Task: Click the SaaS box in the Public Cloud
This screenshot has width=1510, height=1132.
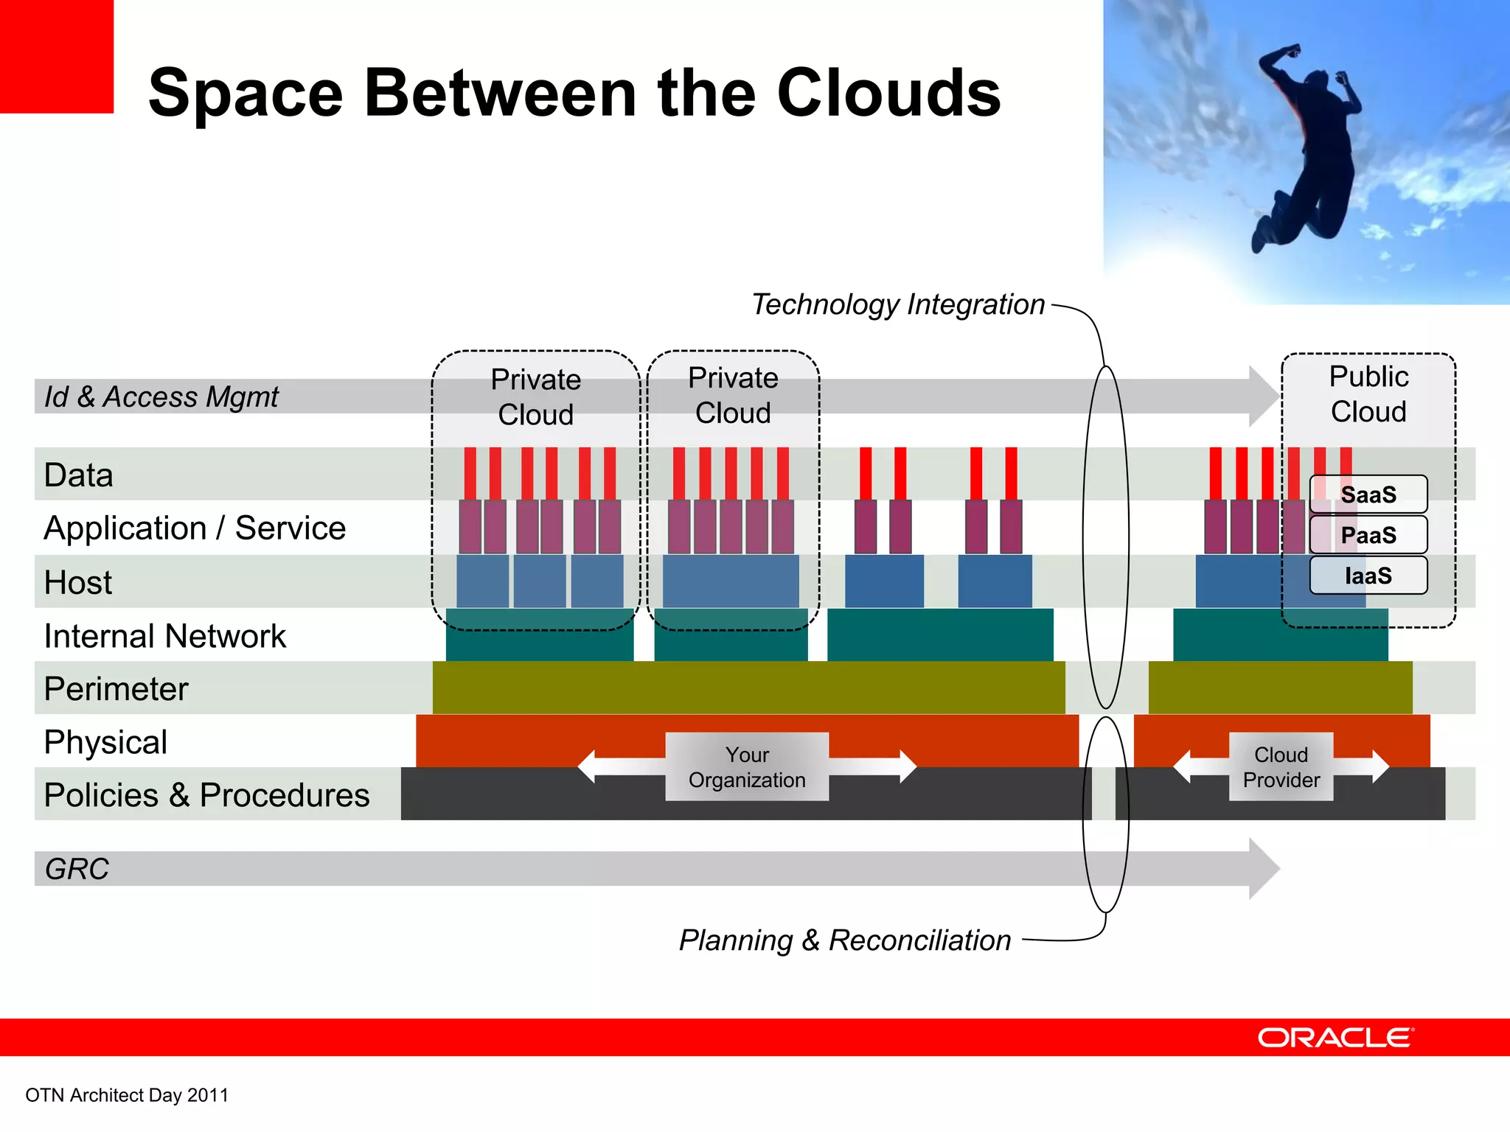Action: [1368, 495]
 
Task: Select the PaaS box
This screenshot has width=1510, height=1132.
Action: [1368, 535]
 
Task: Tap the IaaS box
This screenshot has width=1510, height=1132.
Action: [1368, 576]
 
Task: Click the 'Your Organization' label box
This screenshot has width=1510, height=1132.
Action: [747, 767]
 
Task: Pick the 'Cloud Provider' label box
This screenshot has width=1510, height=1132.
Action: [1281, 767]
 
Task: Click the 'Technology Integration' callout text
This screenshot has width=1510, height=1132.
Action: [897, 304]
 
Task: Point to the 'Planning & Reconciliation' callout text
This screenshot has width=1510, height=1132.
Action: [845, 940]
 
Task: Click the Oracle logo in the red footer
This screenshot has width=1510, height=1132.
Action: [1335, 1038]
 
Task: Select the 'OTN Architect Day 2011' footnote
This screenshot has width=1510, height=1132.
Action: [127, 1095]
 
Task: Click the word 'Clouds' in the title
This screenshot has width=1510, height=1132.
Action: [888, 94]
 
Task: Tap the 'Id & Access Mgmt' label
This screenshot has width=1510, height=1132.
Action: [161, 397]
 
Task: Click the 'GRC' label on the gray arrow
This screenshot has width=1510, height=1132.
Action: [77, 869]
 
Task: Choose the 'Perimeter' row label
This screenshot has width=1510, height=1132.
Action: [116, 689]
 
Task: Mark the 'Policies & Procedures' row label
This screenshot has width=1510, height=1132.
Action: [206, 795]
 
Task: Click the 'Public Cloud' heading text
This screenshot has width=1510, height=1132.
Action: [1368, 394]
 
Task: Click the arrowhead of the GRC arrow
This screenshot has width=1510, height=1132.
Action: [1264, 869]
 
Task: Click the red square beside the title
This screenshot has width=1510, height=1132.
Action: [56, 56]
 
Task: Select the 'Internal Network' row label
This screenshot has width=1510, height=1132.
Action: [164, 636]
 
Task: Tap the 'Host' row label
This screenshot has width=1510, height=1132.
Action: [78, 582]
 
